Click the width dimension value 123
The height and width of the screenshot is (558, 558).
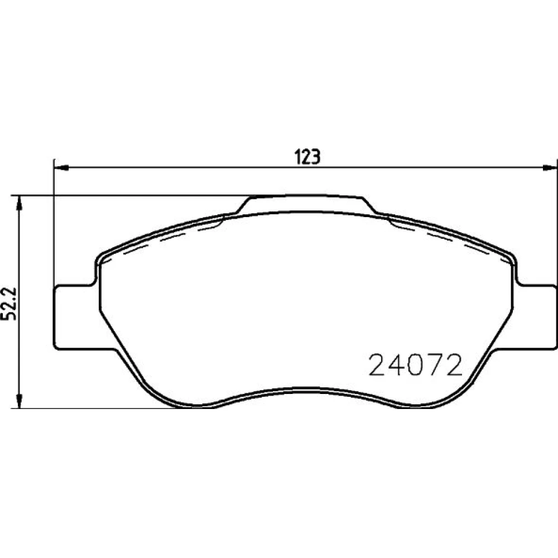pyautogui.click(x=307, y=157)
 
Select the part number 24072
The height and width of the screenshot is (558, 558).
pyautogui.click(x=415, y=365)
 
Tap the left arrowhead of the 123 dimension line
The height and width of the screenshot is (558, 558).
pyautogui.click(x=61, y=167)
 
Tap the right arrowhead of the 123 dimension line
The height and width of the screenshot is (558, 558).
pyautogui.click(x=549, y=167)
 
